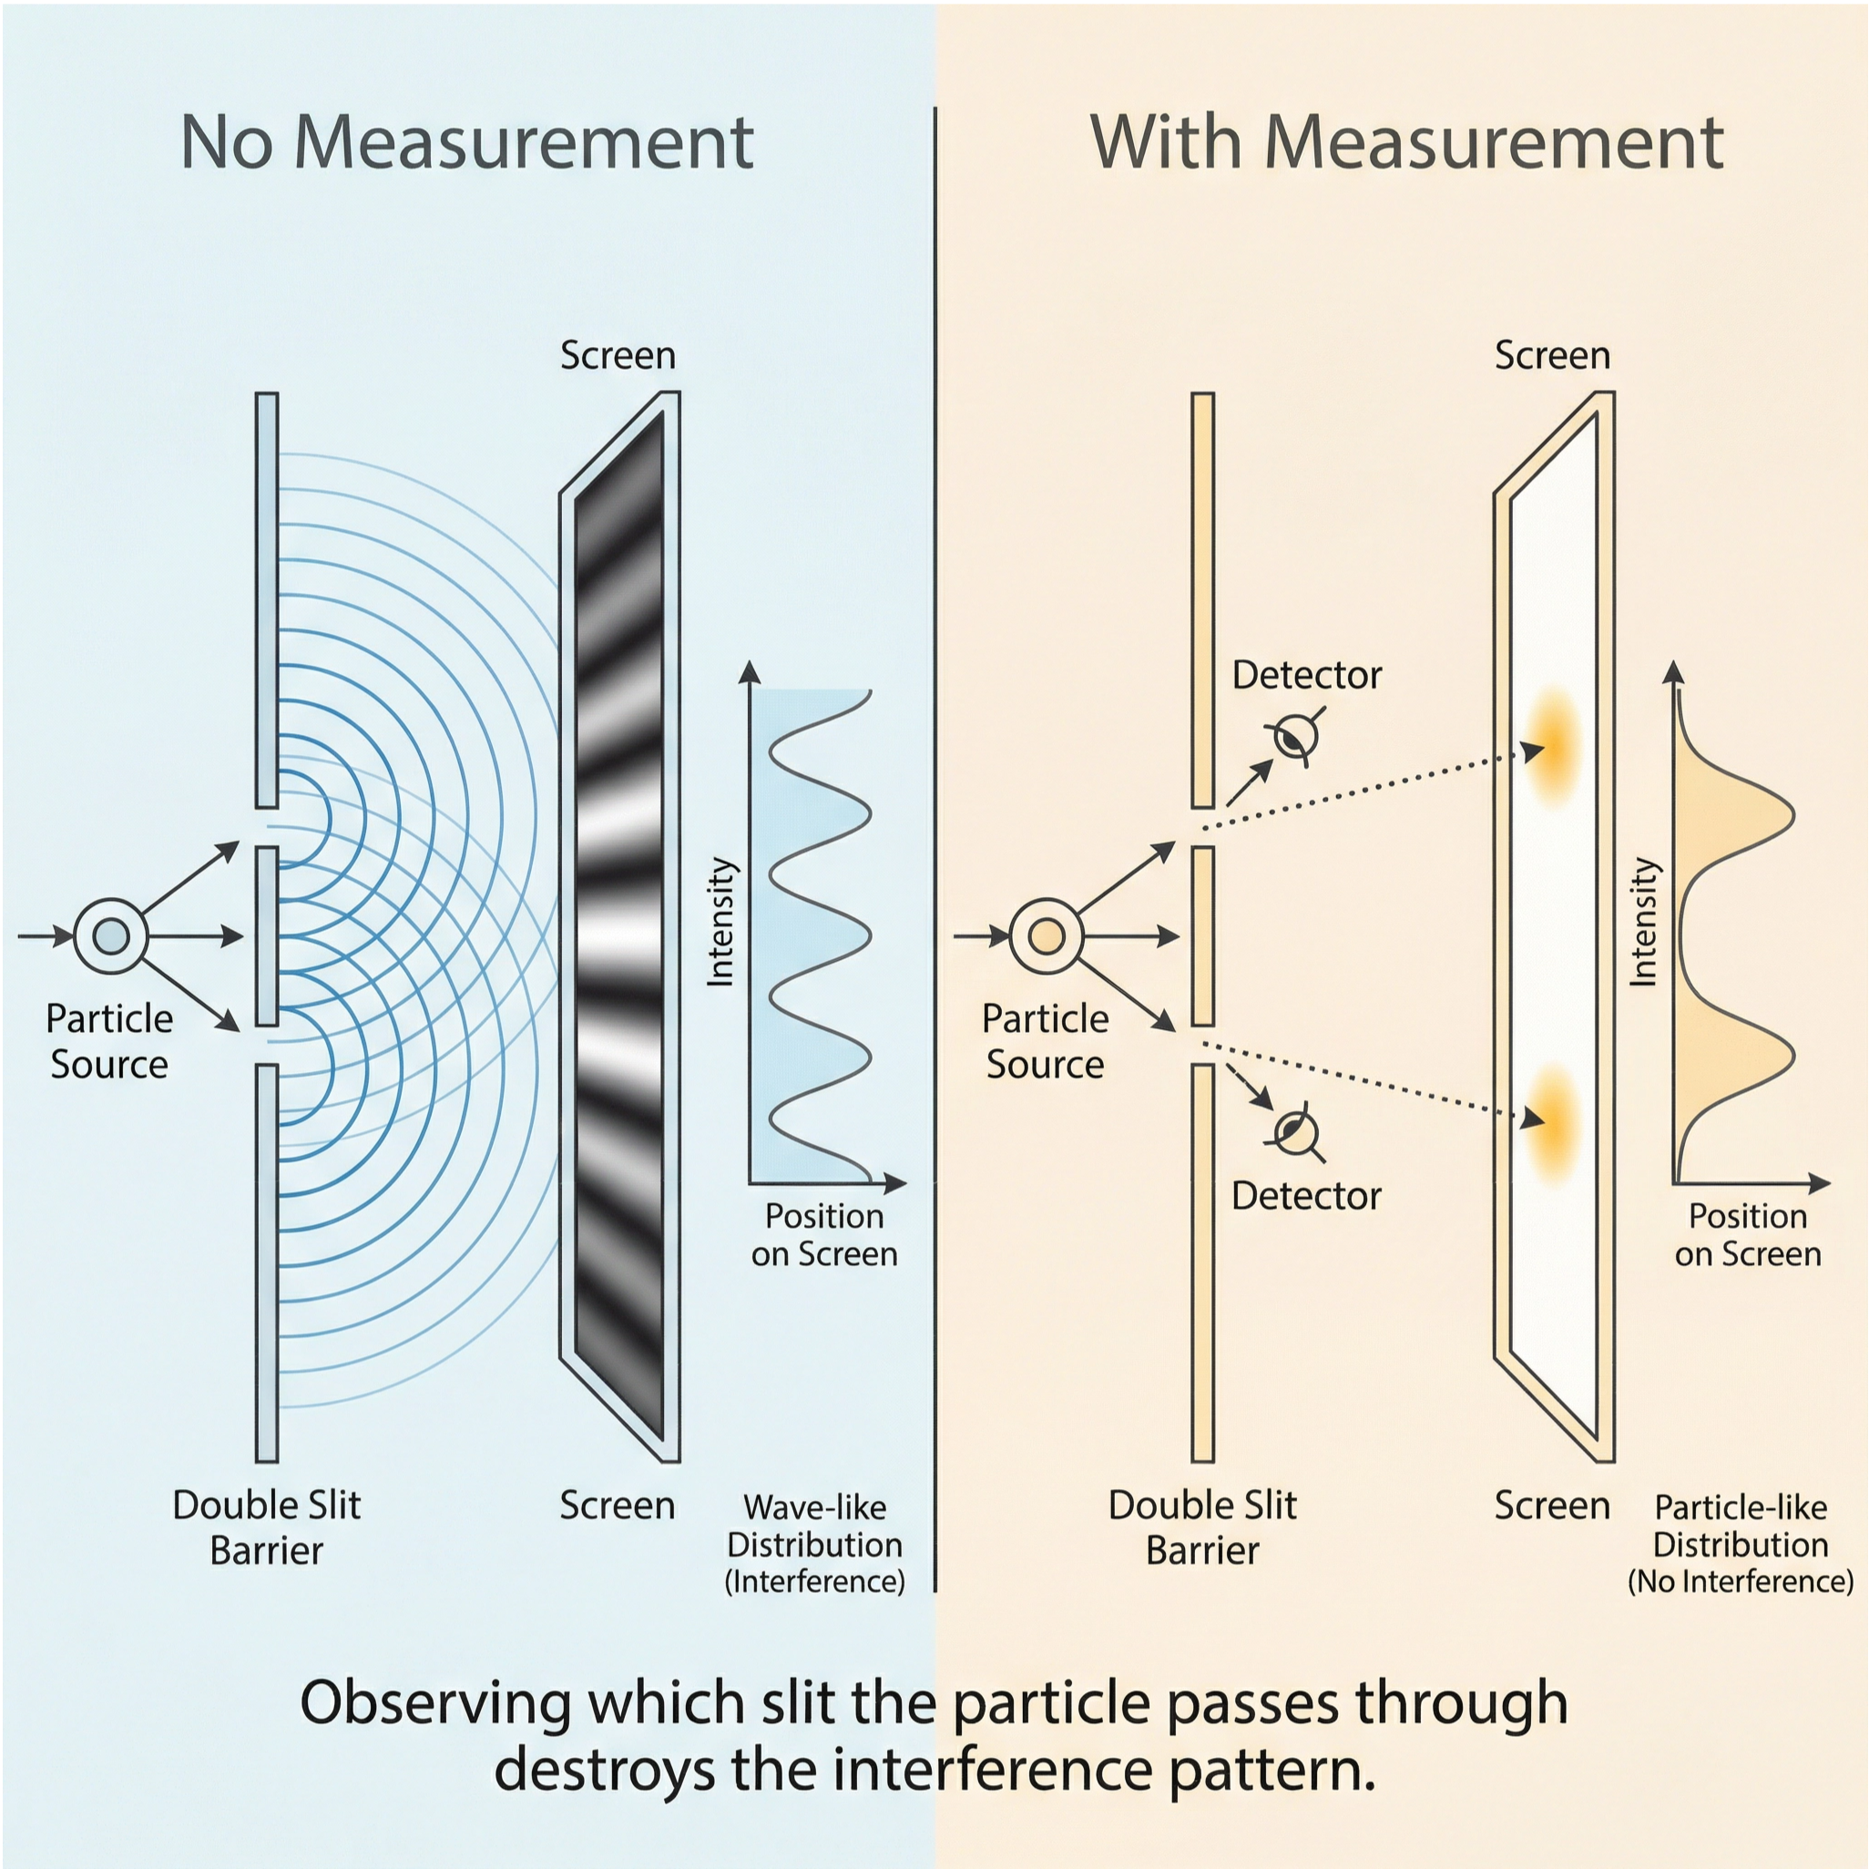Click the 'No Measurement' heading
[466, 143]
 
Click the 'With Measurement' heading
[1406, 143]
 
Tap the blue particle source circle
[110, 935]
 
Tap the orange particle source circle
[1046, 935]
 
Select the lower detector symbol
[1295, 1132]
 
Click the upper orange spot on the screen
[1554, 746]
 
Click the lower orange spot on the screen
[1554, 1122]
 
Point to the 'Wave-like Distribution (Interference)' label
[814, 1545]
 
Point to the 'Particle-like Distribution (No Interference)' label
[1741, 1545]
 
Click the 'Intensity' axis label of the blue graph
[720, 922]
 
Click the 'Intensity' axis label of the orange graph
[1645, 922]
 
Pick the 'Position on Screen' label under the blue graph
[824, 1234]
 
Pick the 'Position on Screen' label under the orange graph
[1747, 1234]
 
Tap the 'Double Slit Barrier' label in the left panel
[266, 1527]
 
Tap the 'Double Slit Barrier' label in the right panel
[1201, 1527]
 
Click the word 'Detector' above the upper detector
[1306, 675]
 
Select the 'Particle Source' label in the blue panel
[109, 1041]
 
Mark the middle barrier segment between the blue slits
[267, 935]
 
